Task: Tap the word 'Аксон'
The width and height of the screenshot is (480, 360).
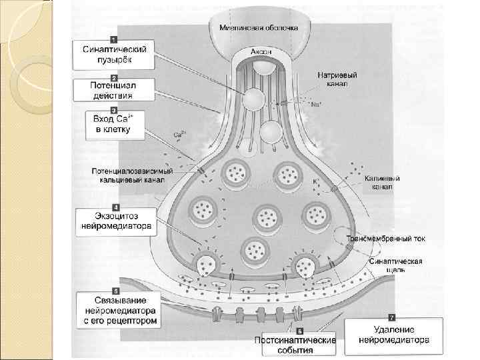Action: (261, 52)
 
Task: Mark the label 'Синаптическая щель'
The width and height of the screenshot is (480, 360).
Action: (395, 266)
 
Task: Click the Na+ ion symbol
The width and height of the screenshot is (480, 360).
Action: (315, 105)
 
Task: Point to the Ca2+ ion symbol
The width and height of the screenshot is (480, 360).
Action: (179, 135)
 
